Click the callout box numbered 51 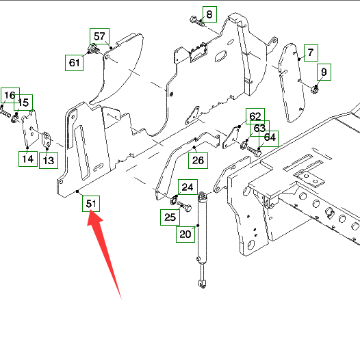(91, 204)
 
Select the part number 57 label (99, 36)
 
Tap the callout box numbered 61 (74, 63)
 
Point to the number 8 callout (209, 14)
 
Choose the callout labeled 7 (311, 53)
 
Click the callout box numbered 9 (324, 72)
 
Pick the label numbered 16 (10, 95)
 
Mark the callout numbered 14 (28, 159)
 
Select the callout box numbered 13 (49, 160)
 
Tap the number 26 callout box (198, 161)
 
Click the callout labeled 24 (188, 187)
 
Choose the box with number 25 (170, 217)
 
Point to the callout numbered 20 (185, 235)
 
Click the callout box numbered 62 (255, 116)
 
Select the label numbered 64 (270, 137)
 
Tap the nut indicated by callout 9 (314, 90)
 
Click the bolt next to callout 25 (184, 206)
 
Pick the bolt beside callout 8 (196, 21)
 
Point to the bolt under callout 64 (254, 151)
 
